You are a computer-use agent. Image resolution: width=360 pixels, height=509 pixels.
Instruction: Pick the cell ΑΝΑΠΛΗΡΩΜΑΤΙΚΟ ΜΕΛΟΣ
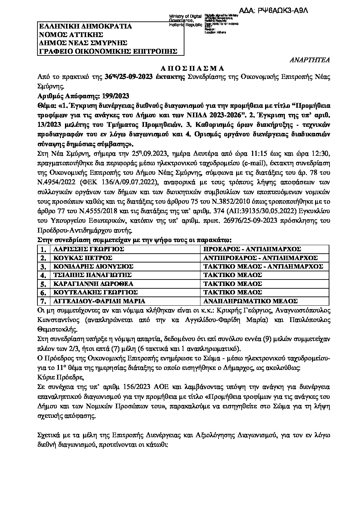point(250,301)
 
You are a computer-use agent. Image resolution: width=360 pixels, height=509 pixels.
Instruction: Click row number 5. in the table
point(43,284)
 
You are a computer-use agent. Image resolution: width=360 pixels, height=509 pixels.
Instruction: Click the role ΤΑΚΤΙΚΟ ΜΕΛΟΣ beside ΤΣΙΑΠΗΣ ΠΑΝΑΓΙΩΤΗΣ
point(232,275)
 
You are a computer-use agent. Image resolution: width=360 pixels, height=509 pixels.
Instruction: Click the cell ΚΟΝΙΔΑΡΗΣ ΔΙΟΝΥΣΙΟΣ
point(91,267)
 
